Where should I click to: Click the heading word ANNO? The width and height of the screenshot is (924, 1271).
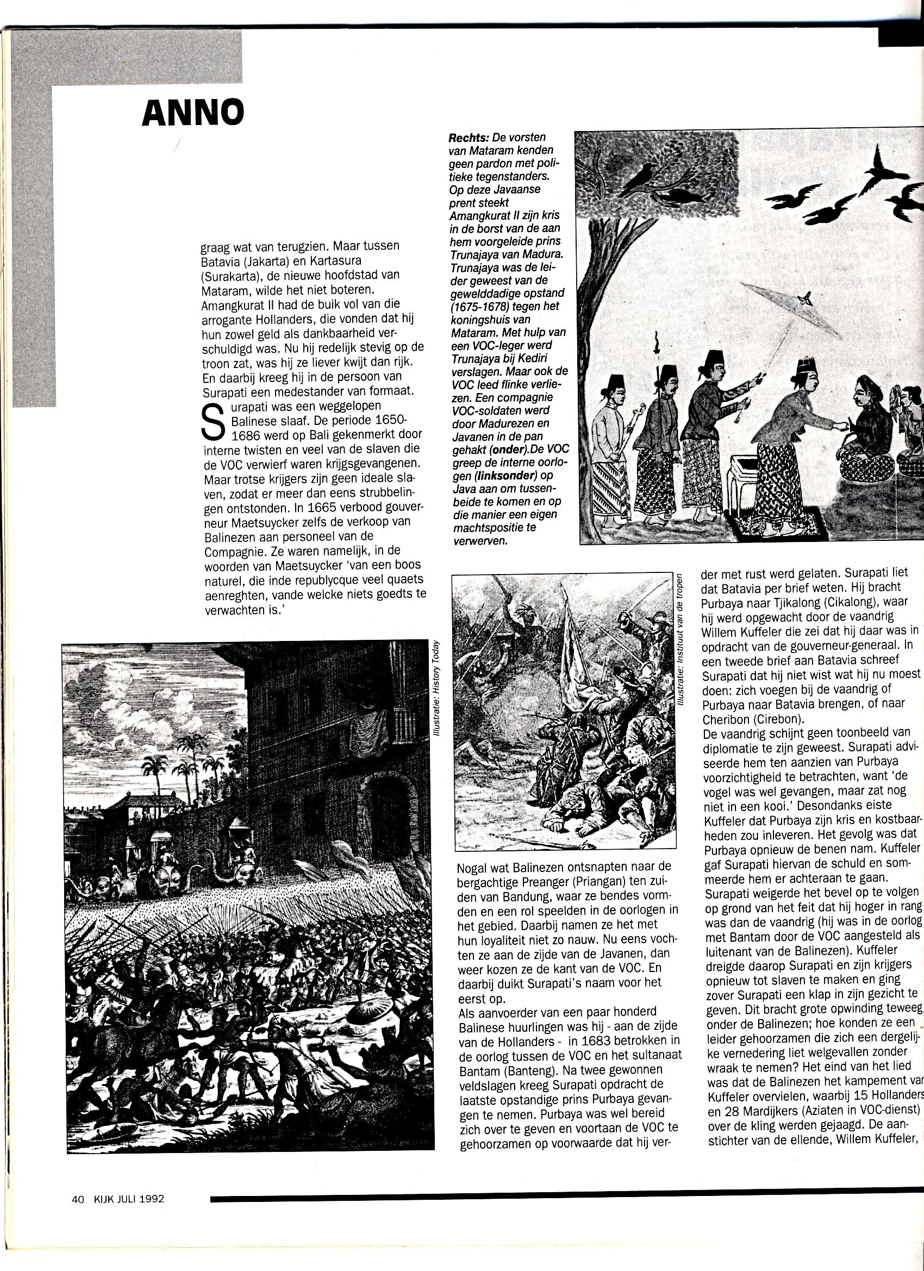tap(193, 113)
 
